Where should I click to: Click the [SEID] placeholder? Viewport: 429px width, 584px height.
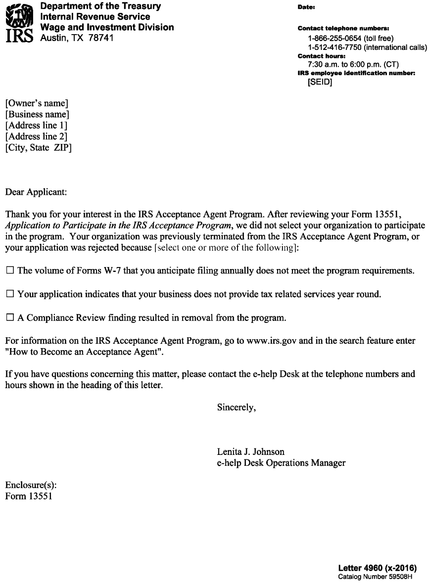pos(320,82)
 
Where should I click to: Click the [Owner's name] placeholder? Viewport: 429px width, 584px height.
pos(37,104)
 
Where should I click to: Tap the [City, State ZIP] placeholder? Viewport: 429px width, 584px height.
pos(38,147)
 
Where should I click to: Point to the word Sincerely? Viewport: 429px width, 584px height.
pos(237,407)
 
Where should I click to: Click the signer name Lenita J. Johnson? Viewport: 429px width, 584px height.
pos(251,452)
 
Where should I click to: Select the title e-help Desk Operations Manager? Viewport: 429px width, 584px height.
pos(281,463)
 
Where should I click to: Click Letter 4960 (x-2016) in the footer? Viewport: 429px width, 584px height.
pos(378,568)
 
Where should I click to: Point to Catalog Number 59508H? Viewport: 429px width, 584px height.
pos(375,577)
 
